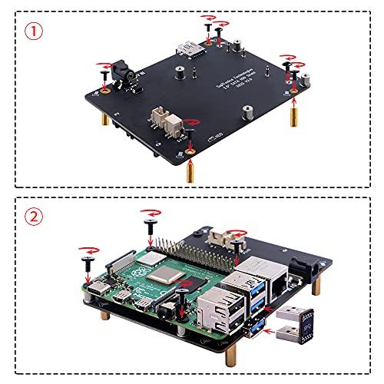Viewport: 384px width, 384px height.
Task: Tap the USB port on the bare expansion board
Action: tap(192, 51)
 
